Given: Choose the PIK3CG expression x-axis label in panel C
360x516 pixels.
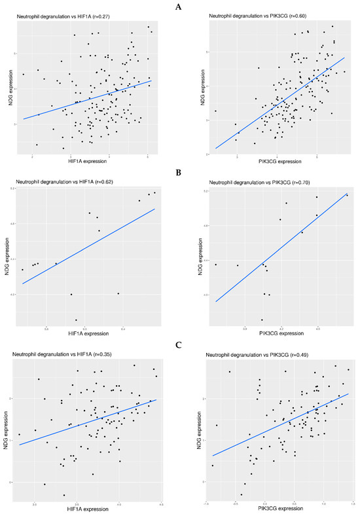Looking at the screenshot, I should click(281, 507).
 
